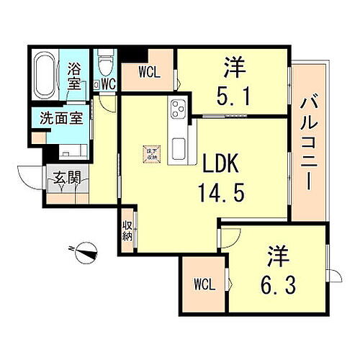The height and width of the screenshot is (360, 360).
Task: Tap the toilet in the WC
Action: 105,65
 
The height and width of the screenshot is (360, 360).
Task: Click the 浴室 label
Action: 74,76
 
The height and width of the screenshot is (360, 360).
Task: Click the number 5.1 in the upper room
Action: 234,96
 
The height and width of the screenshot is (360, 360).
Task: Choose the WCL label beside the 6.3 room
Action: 204,284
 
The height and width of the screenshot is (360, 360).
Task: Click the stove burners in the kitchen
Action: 176,109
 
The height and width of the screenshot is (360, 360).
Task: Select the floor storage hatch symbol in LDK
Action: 150,154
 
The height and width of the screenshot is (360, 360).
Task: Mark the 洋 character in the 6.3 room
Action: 279,255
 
